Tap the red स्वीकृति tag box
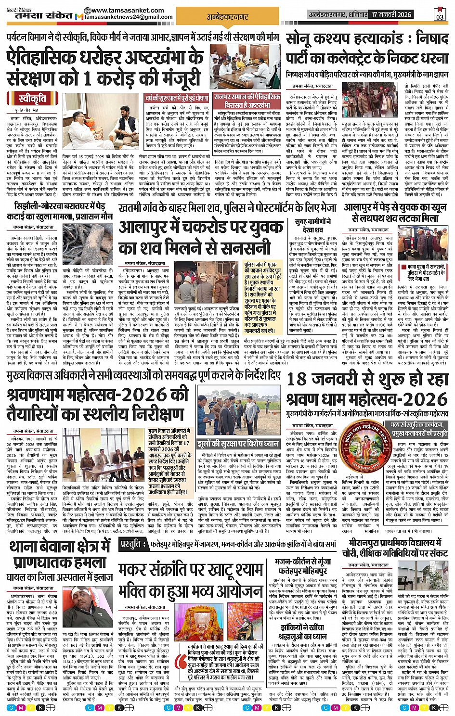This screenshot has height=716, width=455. (x=32, y=100)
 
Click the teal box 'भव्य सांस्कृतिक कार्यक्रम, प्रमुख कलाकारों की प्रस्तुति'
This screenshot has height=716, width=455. (x=419, y=429)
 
